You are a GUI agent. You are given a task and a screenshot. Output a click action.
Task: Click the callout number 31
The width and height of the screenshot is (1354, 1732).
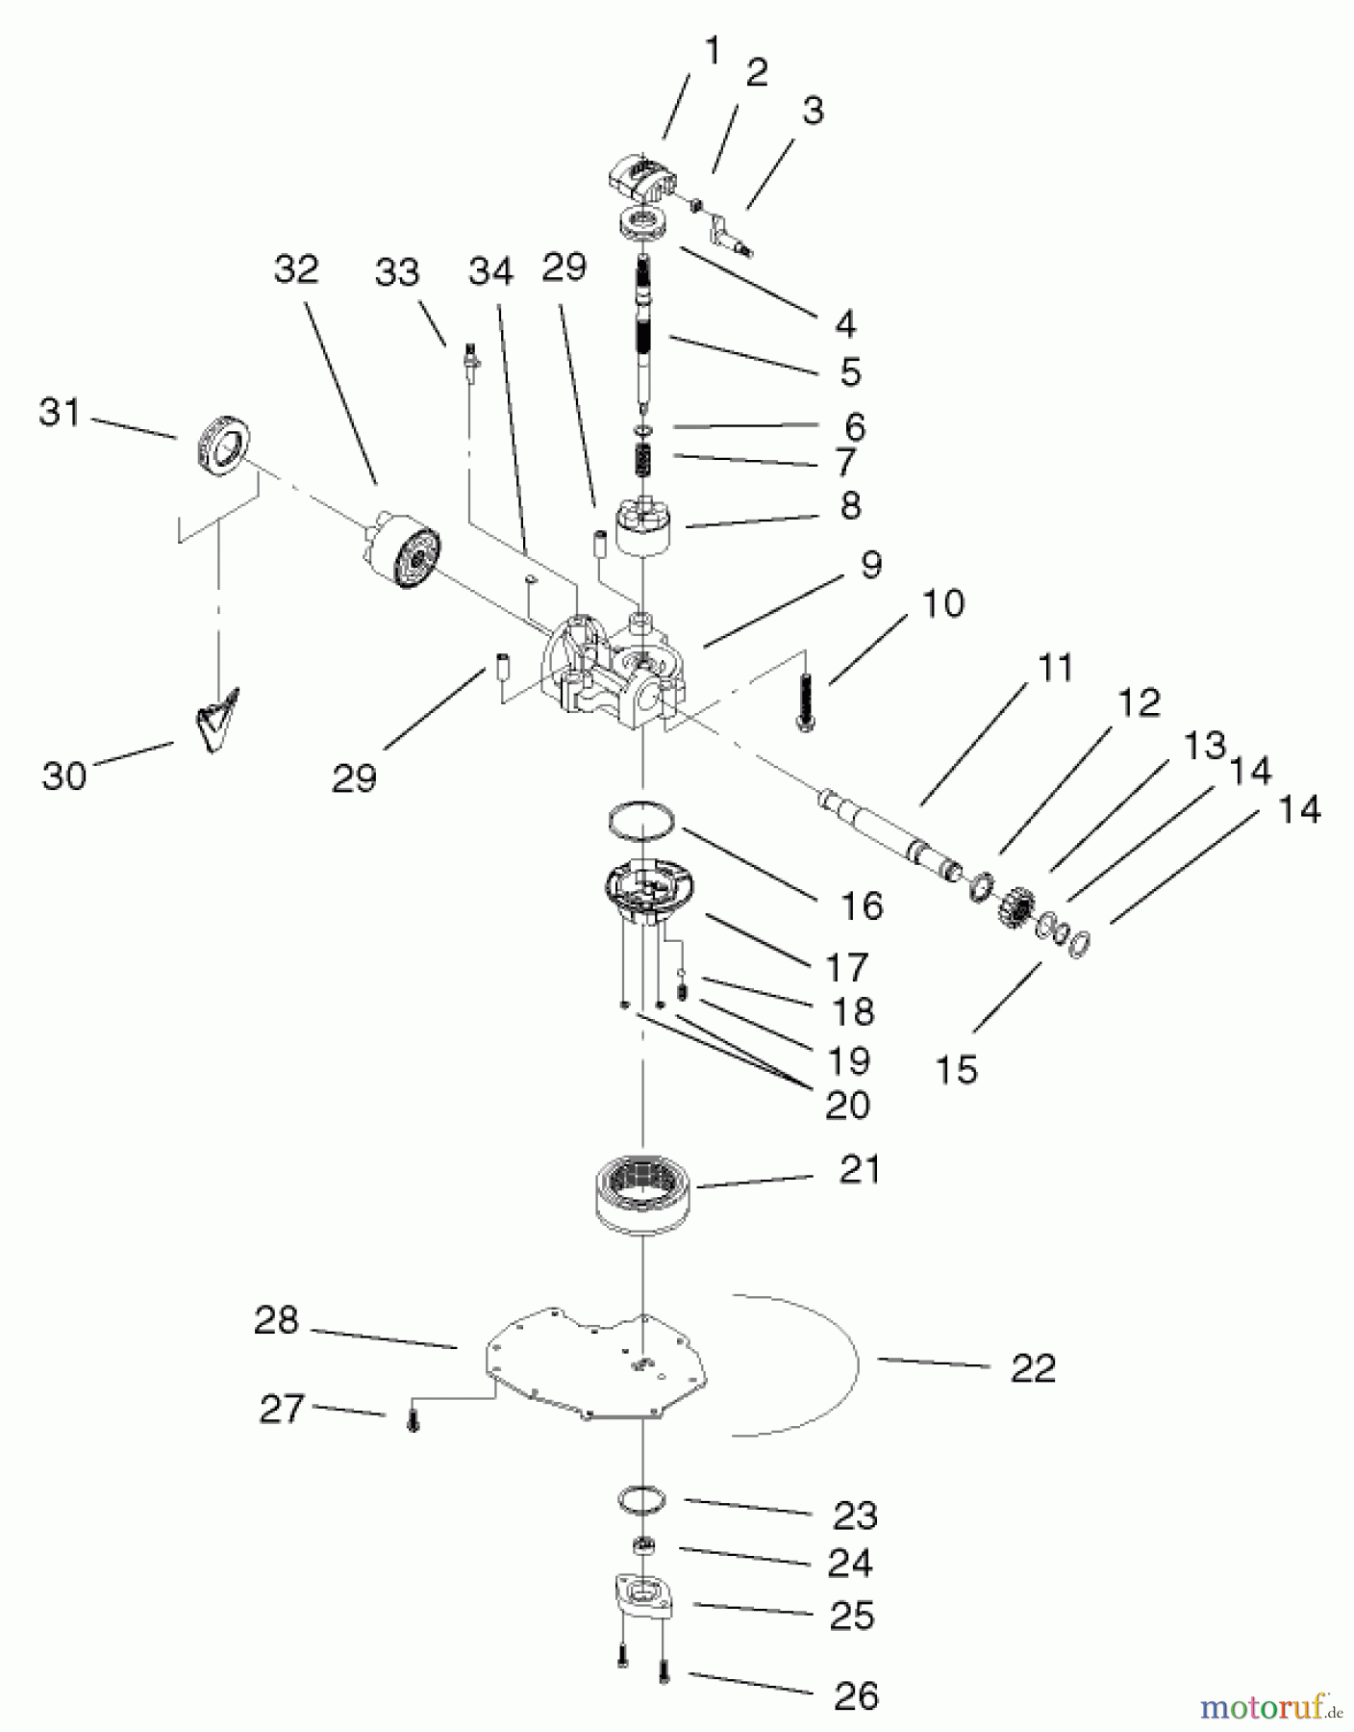60,414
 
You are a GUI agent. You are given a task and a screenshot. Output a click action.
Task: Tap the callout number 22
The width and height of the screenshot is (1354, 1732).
1033,1367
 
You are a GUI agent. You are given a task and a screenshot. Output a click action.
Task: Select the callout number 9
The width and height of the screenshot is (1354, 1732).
870,565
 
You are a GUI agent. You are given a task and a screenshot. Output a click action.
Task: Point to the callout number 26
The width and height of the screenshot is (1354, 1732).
856,1695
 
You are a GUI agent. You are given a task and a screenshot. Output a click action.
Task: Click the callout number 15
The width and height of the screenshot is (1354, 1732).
956,1069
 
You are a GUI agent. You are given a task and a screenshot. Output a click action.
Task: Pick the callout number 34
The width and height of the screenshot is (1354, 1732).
491,272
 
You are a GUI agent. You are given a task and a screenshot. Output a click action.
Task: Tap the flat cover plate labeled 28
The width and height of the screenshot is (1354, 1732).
596,1366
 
